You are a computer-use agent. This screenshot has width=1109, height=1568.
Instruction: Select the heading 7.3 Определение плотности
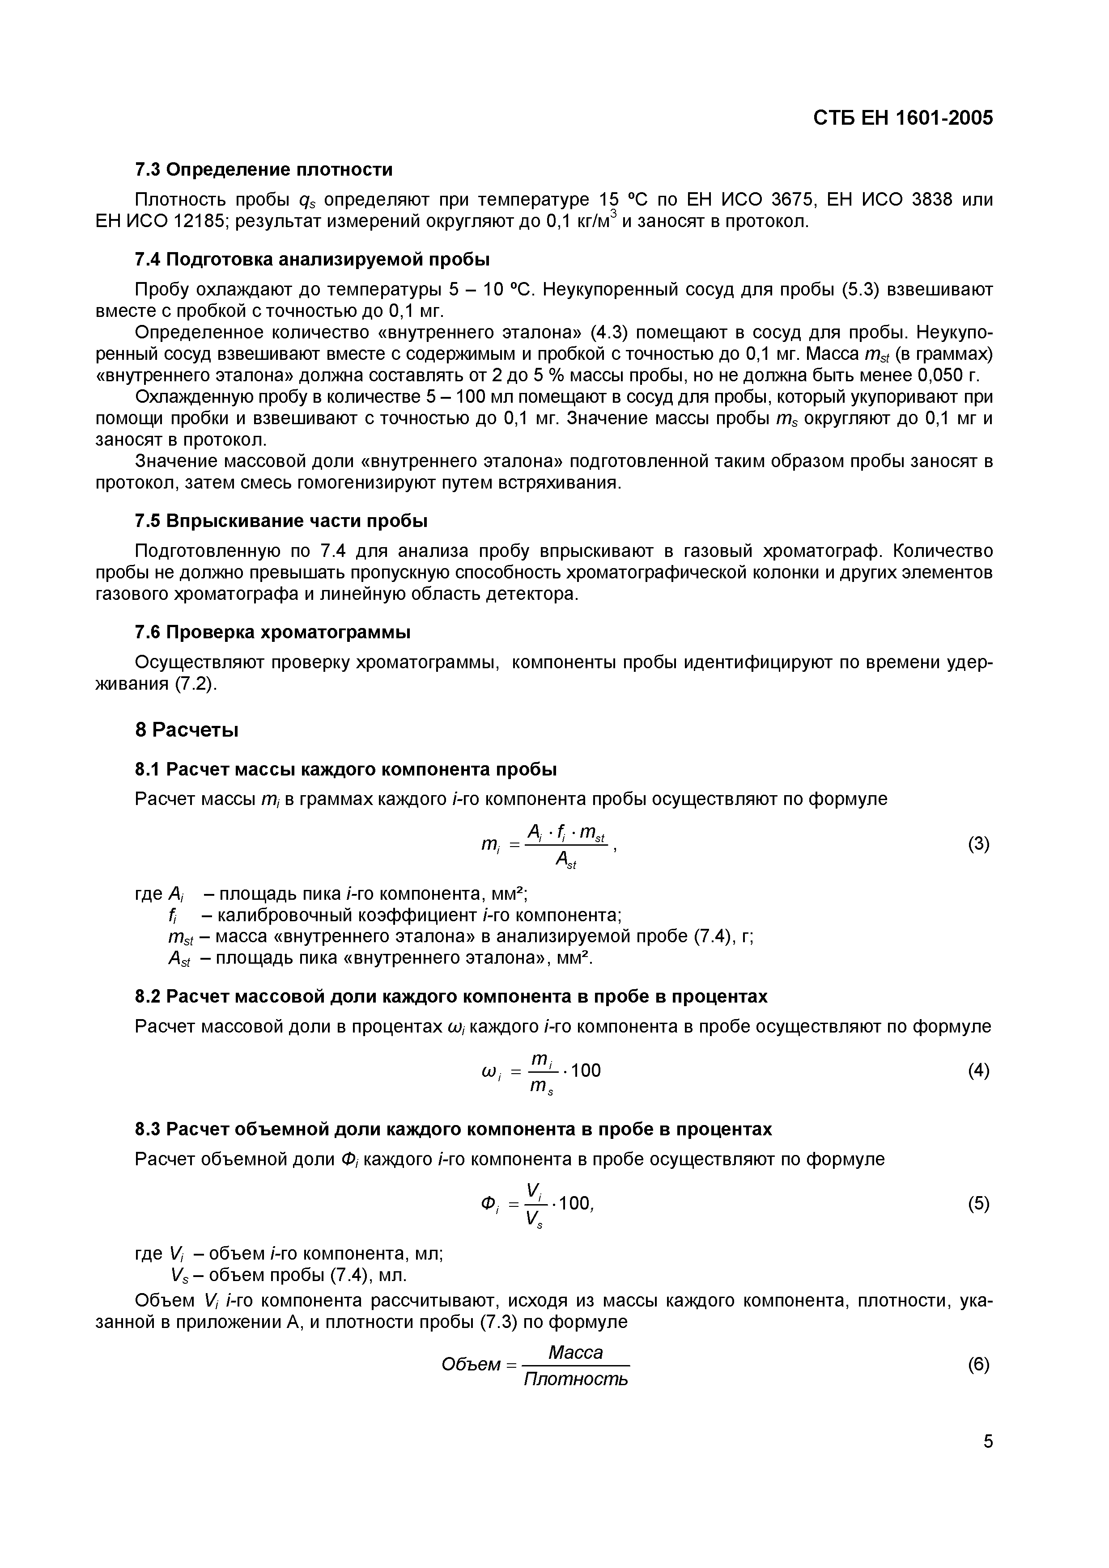pyautogui.click(x=264, y=169)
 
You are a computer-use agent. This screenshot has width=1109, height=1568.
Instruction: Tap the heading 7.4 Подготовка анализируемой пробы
pyautogui.click(x=312, y=260)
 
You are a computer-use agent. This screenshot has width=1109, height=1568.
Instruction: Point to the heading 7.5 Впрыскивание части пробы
pyautogui.click(x=281, y=521)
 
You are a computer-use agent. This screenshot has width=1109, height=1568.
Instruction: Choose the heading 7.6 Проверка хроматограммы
pyautogui.click(x=272, y=632)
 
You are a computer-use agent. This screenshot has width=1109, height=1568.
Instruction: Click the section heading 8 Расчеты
pyautogui.click(x=187, y=731)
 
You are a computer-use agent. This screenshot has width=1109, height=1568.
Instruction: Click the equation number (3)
pyautogui.click(x=978, y=845)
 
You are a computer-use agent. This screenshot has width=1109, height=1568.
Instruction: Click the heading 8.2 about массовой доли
pyautogui.click(x=451, y=996)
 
